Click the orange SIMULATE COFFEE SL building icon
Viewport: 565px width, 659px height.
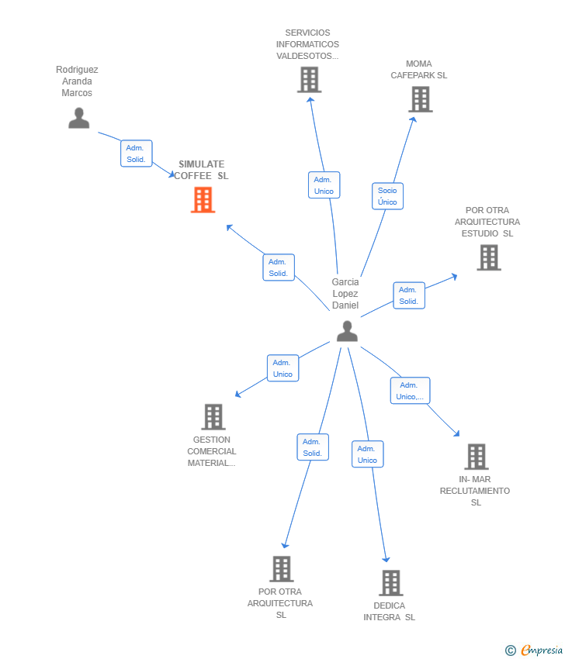203,200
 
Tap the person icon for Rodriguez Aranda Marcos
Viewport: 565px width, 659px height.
78,118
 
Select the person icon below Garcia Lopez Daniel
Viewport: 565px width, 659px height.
347,331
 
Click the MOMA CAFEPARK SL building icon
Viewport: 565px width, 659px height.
420,99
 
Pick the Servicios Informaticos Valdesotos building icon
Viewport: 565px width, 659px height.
309,80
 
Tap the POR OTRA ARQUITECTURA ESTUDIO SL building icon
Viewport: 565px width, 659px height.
488,257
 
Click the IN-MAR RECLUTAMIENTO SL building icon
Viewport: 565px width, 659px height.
476,457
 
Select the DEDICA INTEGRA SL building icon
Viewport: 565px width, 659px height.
390,583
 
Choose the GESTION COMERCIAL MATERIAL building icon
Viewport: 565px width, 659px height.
213,417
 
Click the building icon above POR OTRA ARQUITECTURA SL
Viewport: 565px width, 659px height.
281,569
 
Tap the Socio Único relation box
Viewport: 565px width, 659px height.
387,196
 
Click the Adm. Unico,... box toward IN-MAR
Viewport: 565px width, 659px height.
410,391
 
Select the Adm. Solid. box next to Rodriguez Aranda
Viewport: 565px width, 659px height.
137,154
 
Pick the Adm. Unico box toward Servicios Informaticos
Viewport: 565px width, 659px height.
324,185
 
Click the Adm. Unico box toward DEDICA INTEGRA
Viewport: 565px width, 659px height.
367,454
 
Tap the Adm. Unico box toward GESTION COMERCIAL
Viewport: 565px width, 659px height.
282,368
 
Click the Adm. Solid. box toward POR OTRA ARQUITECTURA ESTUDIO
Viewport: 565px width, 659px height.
409,295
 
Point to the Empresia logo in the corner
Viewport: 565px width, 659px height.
535,650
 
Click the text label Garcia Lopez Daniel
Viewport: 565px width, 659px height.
345,294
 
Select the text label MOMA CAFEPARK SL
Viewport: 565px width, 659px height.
419,70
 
